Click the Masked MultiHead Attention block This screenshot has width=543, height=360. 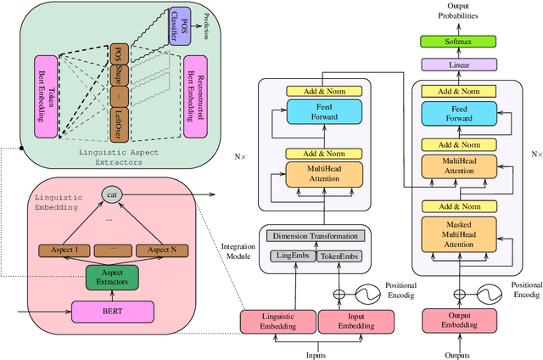coord(457,233)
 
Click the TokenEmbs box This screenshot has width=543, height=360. coord(340,256)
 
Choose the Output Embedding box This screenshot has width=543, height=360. coord(457,320)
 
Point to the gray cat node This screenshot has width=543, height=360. coord(112,194)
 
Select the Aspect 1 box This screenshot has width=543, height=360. coord(64,250)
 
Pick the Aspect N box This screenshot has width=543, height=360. coord(163,250)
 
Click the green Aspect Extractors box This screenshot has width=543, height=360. coord(110,278)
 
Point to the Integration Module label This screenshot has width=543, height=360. coord(238,250)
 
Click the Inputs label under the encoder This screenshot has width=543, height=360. coord(316,354)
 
